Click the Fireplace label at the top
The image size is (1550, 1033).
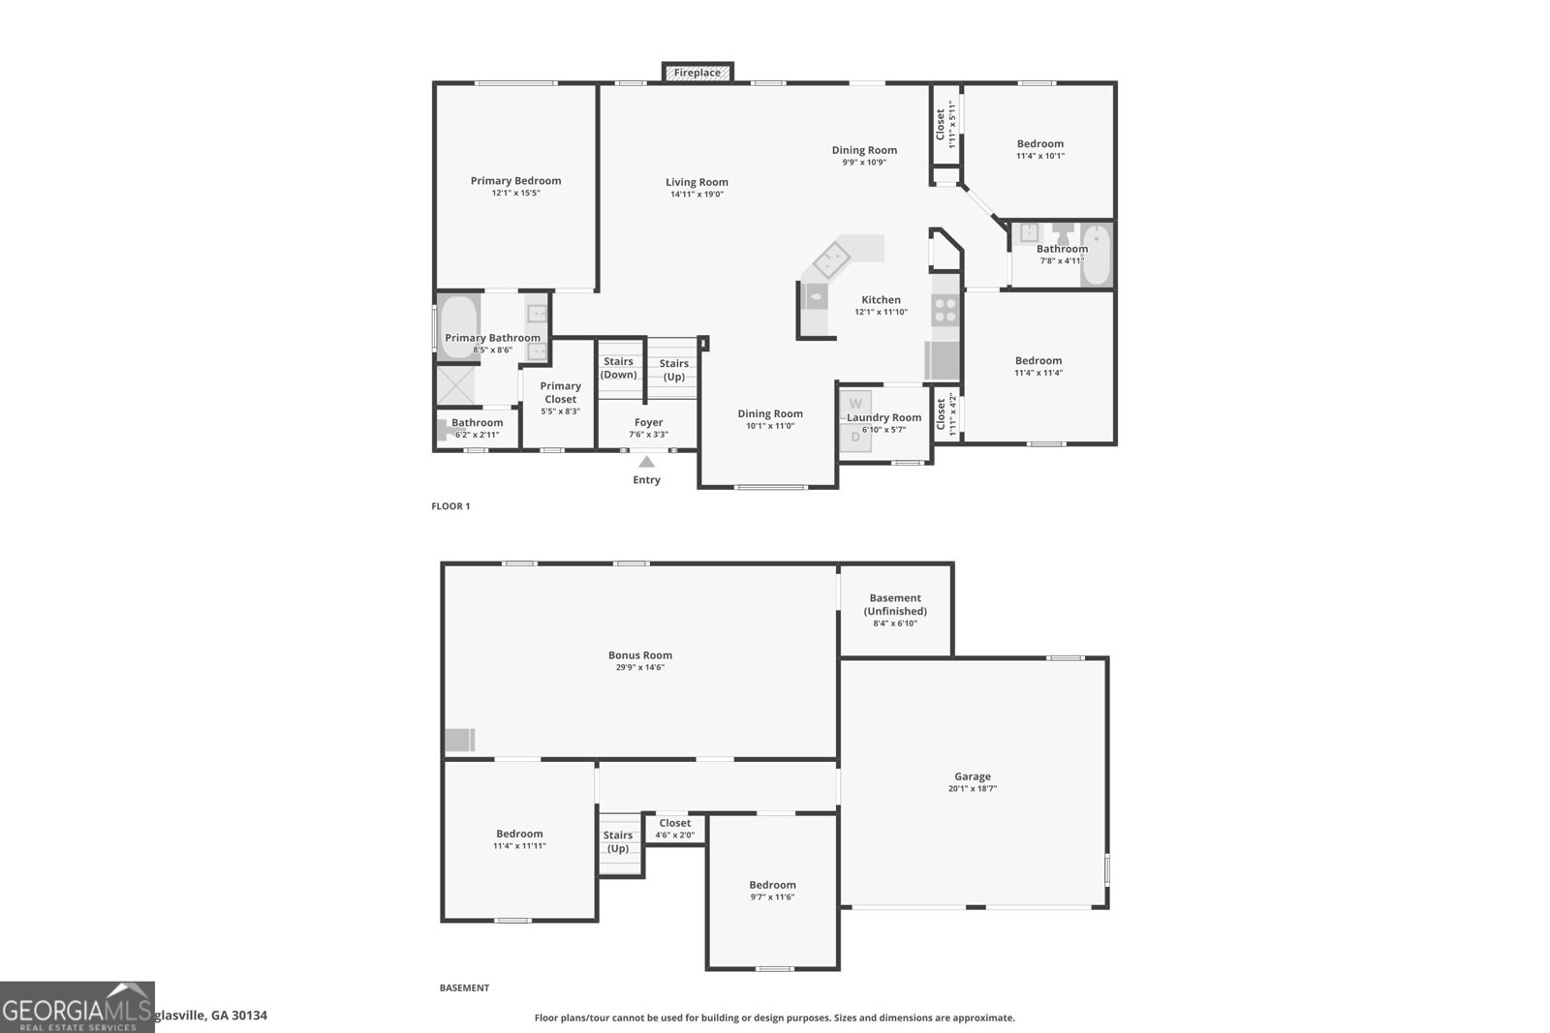click(697, 73)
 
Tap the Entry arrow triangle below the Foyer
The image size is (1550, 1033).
click(646, 463)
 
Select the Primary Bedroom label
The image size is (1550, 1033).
click(515, 181)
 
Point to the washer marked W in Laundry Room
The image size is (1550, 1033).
click(855, 403)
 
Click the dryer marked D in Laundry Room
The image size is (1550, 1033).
click(855, 437)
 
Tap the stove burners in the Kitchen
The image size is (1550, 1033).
click(945, 310)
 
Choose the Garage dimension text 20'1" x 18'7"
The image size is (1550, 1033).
click(973, 789)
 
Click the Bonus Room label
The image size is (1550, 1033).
click(640, 655)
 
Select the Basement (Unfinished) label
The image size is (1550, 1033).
click(895, 604)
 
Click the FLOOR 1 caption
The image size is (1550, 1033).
click(450, 506)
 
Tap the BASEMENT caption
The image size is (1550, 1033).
click(464, 988)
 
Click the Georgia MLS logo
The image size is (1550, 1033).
click(77, 1007)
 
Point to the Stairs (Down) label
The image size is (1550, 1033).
click(619, 368)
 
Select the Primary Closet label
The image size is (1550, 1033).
click(560, 392)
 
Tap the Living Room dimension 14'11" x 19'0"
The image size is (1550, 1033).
click(697, 195)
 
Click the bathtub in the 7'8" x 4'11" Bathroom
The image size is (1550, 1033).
click(1096, 255)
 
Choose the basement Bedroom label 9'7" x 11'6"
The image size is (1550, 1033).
click(772, 885)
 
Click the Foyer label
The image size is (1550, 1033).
click(648, 422)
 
